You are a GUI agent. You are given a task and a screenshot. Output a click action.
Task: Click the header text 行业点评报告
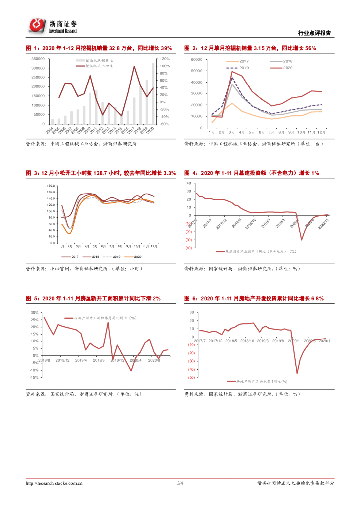point(314,33)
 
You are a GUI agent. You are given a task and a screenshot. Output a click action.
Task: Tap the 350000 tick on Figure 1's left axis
point(38,59)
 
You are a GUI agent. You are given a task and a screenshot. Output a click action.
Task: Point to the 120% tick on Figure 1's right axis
point(165,59)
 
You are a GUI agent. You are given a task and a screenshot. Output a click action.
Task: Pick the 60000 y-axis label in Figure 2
point(197,59)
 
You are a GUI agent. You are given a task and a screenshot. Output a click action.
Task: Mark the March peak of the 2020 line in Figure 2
point(232,72)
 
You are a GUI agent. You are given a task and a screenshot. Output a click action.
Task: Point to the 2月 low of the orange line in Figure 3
point(70,233)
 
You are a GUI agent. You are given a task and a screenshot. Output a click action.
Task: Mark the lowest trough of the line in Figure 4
point(302,239)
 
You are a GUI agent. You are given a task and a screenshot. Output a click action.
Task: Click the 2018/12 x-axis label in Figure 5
point(63,360)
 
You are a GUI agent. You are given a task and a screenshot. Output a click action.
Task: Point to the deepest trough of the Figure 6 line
point(297,373)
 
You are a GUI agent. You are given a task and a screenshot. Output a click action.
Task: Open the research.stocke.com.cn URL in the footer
point(54,483)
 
